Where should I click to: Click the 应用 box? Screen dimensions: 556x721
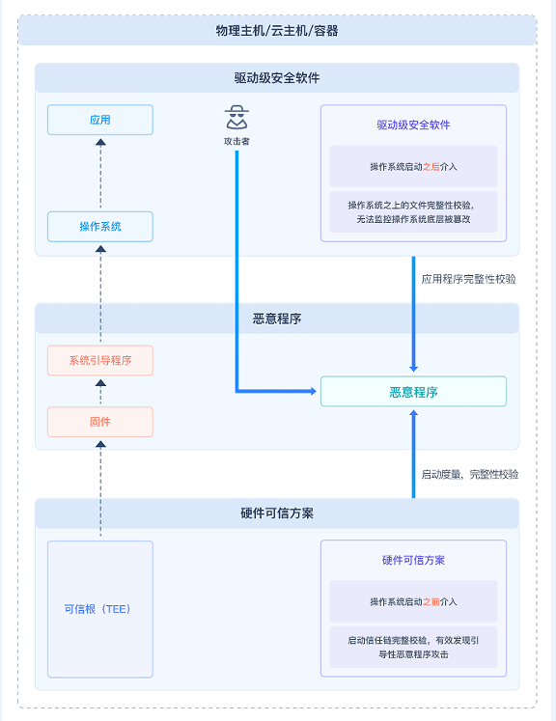click(x=100, y=120)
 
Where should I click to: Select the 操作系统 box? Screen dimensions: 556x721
click(x=100, y=227)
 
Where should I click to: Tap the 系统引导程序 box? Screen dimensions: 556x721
click(x=100, y=361)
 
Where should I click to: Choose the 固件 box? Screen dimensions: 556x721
click(x=100, y=422)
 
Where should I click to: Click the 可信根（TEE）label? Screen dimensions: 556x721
click(x=97, y=609)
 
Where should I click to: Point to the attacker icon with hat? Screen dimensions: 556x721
click(x=236, y=117)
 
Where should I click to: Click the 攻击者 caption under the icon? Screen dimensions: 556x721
click(x=236, y=141)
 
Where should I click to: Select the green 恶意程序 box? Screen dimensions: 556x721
click(x=413, y=391)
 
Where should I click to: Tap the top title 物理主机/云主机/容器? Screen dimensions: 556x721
click(x=277, y=31)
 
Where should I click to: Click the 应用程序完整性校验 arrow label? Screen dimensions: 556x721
click(x=468, y=279)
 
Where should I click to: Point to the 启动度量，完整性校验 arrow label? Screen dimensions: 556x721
click(x=470, y=474)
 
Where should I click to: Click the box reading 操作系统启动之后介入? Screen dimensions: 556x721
click(x=413, y=166)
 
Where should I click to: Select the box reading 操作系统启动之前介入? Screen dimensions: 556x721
click(x=413, y=601)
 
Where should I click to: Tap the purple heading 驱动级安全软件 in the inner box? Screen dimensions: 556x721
click(x=413, y=125)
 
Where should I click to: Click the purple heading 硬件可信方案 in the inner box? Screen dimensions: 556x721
click(x=413, y=560)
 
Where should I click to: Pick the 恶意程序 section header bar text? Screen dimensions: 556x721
click(x=277, y=319)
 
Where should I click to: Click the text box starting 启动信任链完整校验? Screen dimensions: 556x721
click(x=413, y=647)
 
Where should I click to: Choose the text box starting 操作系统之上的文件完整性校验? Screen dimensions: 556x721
click(x=413, y=212)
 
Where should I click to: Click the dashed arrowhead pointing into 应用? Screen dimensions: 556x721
click(x=100, y=143)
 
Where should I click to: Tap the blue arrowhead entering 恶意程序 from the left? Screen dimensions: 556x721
click(x=313, y=391)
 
